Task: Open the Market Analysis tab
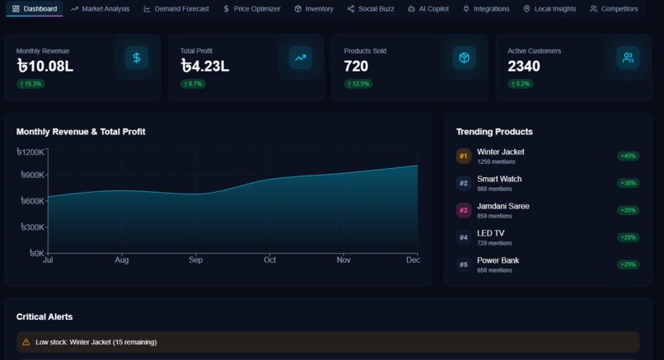101,9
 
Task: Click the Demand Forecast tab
176,9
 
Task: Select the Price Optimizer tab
252,9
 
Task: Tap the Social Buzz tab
371,9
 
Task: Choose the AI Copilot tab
428,9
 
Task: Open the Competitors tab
614,9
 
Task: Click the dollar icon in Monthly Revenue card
137,58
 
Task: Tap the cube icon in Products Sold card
465,58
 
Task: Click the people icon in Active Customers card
628,58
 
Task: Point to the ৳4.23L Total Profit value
204,67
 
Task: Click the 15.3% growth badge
30,84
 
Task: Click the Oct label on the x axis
269,260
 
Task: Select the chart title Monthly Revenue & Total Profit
81,132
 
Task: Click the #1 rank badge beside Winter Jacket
464,156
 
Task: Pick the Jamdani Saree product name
503,206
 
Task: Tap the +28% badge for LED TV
628,237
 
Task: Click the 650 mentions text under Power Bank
494,270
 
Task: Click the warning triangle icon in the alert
26,342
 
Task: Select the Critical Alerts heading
44,317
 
